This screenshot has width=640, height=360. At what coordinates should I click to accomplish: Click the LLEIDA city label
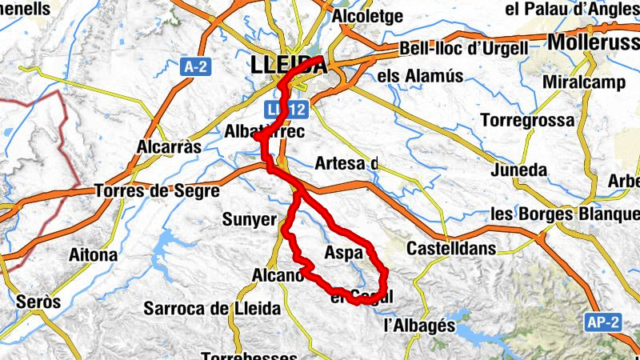coord(289,65)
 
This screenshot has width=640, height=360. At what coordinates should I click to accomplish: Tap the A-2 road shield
coord(194,67)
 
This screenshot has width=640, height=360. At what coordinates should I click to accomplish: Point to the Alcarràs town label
coord(169,147)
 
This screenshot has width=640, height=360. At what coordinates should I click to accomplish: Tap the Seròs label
coord(38,302)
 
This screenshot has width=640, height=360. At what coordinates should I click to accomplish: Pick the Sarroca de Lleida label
coord(212,308)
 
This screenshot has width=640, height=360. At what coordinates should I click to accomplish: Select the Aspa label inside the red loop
coord(344,253)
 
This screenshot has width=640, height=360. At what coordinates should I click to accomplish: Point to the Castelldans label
coord(451,249)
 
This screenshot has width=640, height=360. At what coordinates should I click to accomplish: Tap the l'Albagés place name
coord(419,326)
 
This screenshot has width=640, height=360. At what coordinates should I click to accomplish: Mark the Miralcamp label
coord(582,82)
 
